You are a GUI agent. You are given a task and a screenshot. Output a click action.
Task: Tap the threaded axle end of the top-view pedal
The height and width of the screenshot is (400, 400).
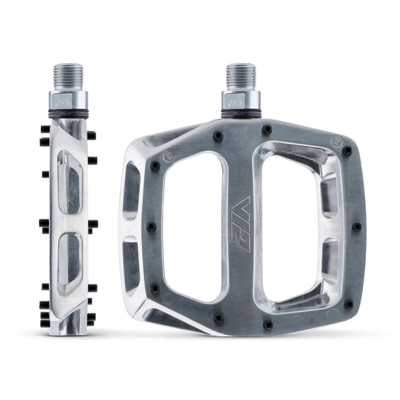pos(241,77)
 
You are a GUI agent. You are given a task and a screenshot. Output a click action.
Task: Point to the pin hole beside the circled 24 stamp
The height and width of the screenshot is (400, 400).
pos(347,150)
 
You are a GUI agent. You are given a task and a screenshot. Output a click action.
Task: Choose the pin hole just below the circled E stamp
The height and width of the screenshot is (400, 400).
pos(155,166)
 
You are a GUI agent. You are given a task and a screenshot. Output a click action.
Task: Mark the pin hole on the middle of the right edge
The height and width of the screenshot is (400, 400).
pos(356,227)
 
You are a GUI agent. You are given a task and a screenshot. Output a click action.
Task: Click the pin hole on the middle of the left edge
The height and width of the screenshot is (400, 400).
pos(151,227)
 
